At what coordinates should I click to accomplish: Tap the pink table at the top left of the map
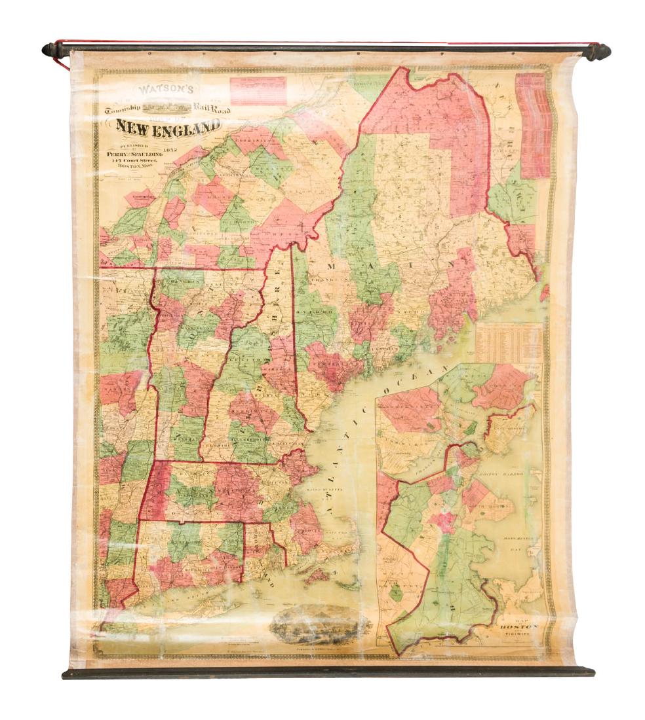(258, 90)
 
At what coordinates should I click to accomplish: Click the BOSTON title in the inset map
(518, 626)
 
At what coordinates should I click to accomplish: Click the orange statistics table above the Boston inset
(509, 342)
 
